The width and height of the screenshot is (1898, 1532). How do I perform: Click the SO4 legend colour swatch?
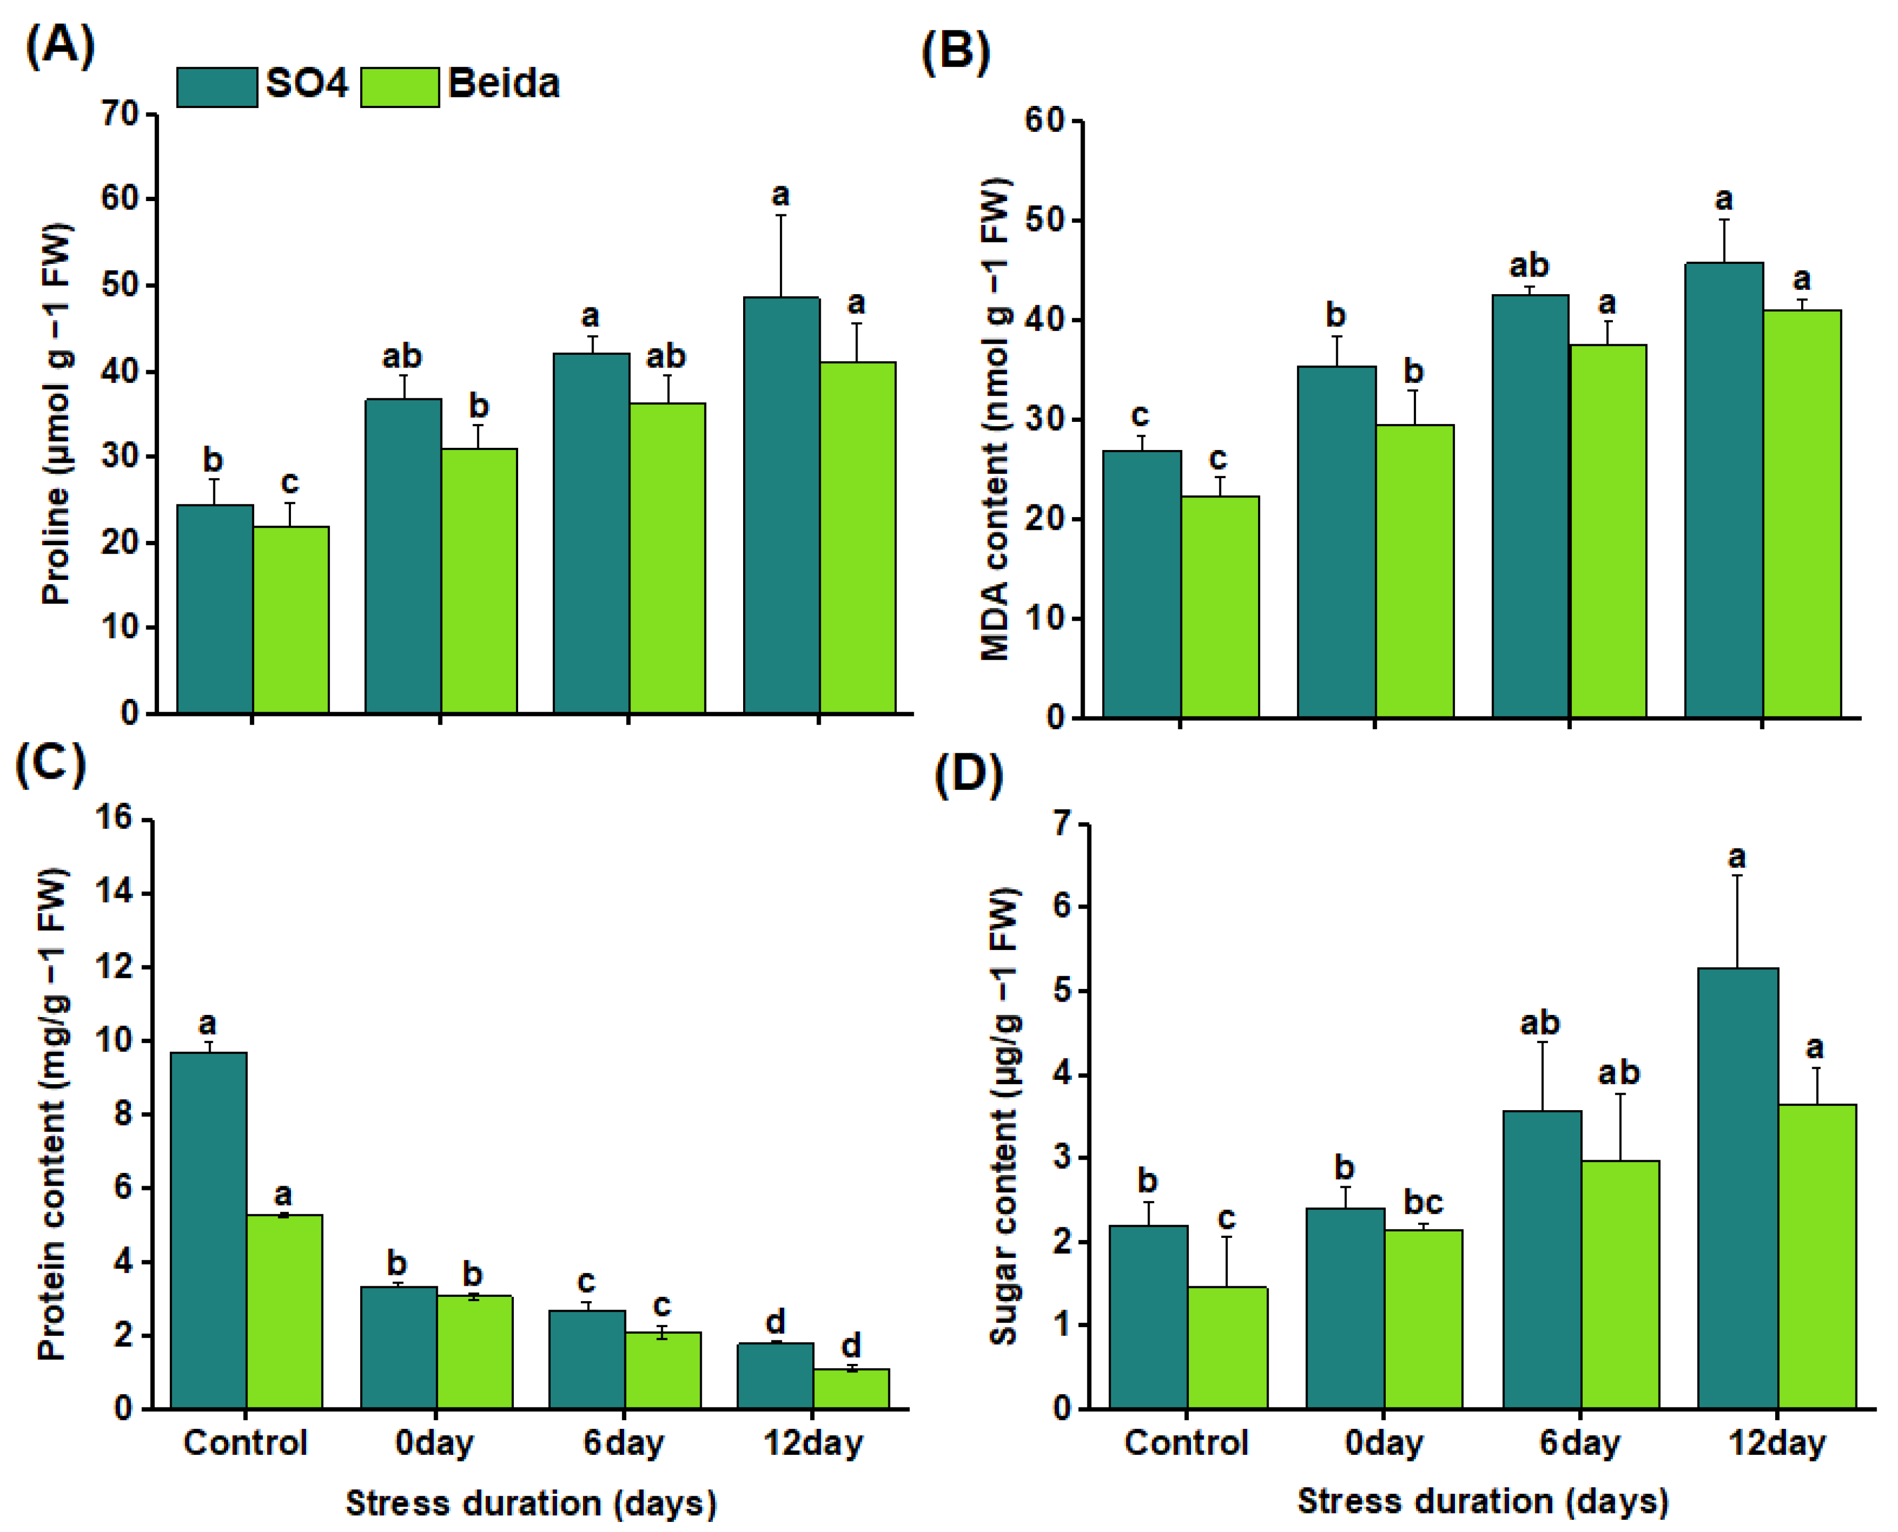pos(217,87)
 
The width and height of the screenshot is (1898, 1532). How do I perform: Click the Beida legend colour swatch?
pos(399,87)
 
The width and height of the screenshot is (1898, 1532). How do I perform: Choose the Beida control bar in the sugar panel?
pos(1227,1347)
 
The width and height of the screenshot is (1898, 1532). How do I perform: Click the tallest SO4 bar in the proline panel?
pos(781,505)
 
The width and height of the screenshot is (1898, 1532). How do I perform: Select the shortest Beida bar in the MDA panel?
pos(1219,606)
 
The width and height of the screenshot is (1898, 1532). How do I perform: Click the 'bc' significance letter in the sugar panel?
pos(1422,1202)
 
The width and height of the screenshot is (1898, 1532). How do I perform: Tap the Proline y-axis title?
pos(56,415)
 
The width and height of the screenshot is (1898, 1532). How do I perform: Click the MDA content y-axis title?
pos(994,419)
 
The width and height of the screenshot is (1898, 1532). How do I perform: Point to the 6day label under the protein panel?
pos(623,1443)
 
